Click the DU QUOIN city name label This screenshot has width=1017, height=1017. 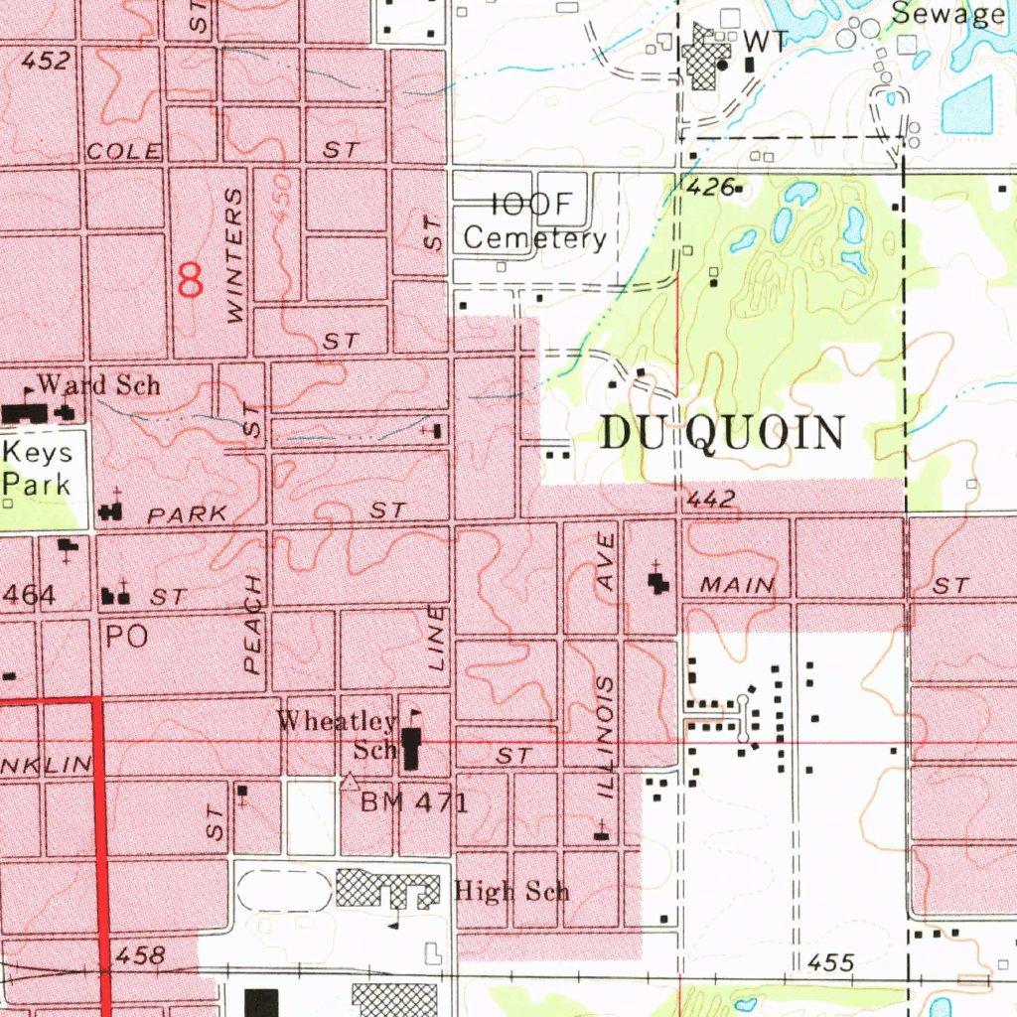point(723,434)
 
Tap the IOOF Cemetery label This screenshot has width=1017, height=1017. point(534,221)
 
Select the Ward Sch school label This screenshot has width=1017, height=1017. point(98,385)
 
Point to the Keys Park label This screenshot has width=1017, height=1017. point(37,469)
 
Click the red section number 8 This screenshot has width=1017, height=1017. point(190,279)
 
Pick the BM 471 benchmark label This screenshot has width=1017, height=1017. point(413,802)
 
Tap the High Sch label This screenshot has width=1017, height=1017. point(511,890)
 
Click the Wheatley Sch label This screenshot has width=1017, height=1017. point(338,734)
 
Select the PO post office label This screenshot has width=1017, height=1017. point(126,637)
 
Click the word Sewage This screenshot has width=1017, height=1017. point(947,14)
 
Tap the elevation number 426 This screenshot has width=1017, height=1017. point(710,186)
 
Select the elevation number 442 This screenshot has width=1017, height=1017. point(710,501)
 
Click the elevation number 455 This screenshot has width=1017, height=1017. point(831,962)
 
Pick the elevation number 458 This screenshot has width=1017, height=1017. point(138,956)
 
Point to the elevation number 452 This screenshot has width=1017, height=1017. point(46,62)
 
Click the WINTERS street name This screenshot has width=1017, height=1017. point(234,256)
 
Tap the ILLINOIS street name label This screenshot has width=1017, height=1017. point(608,739)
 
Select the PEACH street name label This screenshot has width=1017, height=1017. point(253,625)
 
